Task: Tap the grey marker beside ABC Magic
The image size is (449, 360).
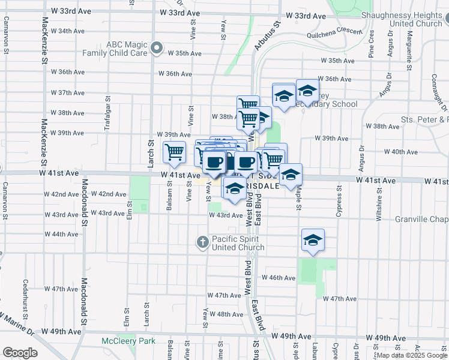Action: pyautogui.click(x=157, y=48)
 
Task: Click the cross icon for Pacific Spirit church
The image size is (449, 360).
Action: pyautogui.click(x=203, y=242)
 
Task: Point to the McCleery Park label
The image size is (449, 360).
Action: pyautogui.click(x=127, y=341)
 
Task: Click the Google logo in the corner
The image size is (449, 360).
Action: pyautogui.click(x=20, y=353)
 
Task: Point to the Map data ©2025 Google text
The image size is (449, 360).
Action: pyautogui.click(x=411, y=356)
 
